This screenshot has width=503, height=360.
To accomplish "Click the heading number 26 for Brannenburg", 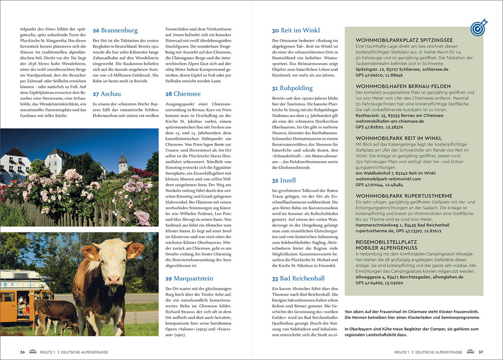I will pyautogui.click(x=96, y=31).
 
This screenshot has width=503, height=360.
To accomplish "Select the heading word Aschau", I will pyautogui.click(x=111, y=94).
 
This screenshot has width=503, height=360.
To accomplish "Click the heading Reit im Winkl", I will pyautogui.click(x=300, y=31).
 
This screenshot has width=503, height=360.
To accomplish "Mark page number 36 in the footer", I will pyautogui.click(x=23, y=352).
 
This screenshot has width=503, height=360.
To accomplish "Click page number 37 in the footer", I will pyautogui.click(x=480, y=352).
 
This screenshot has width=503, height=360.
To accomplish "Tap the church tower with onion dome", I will pyautogui.click(x=123, y=163).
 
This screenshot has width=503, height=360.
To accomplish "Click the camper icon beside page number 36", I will pyautogui.click(x=33, y=352).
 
